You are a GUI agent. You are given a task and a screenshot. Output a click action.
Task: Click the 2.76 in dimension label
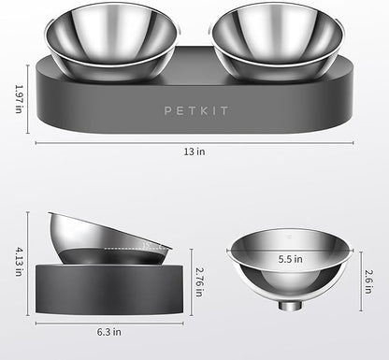pos(199,281)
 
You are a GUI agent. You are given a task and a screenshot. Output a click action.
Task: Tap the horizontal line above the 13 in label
pos(194,143)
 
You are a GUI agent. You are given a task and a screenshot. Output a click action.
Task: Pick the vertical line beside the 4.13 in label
pos(31,264)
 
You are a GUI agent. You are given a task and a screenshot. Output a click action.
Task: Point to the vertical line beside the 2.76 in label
pos(190,281)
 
